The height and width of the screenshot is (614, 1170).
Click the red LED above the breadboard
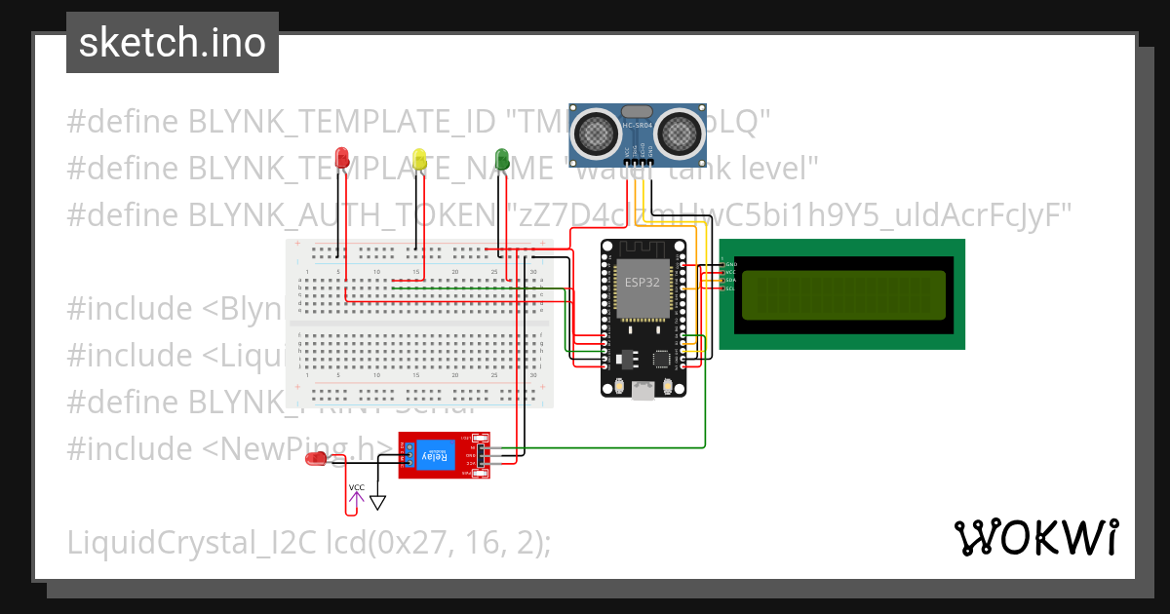point(341,158)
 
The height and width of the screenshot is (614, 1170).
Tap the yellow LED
point(419,159)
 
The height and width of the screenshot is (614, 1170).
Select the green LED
point(502,158)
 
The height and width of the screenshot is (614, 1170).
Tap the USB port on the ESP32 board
point(643,391)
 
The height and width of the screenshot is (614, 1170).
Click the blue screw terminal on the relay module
point(408,455)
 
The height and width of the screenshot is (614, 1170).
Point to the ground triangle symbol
point(378,503)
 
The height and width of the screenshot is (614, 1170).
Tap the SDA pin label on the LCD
point(730,281)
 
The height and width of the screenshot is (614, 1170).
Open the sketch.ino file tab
point(173,43)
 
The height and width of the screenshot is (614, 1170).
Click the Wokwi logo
point(1035,537)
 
